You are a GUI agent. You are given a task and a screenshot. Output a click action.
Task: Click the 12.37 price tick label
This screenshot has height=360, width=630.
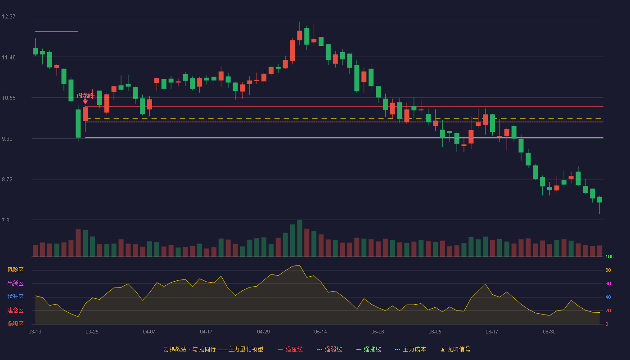point(9,17)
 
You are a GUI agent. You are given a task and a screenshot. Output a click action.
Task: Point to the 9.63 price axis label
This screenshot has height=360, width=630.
point(7,139)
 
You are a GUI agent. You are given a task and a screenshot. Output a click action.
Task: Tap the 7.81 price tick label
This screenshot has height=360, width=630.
point(7,220)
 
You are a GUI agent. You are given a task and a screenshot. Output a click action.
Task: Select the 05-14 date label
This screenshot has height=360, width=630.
point(320,332)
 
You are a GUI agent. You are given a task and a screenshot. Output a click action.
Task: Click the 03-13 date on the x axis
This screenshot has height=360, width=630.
point(35,332)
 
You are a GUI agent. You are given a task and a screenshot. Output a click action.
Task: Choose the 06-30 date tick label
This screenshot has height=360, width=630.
point(549,332)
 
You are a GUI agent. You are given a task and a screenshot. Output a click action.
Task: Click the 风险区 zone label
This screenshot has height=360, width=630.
point(15,270)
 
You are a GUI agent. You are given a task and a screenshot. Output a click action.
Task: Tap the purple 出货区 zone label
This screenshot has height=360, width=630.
point(15,283)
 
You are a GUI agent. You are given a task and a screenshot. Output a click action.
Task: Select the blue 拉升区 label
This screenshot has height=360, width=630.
point(15,297)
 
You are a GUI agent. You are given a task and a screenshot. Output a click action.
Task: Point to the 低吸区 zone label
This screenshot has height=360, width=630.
point(15,324)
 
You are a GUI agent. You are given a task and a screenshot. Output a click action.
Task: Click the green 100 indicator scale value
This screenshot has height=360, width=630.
point(609,256)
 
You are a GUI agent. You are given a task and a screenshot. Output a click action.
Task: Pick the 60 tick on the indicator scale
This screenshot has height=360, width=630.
point(608,283)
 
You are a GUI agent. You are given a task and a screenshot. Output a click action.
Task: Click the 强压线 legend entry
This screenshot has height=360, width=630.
point(290,349)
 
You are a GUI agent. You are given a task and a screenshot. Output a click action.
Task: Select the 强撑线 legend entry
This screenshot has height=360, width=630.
point(369,349)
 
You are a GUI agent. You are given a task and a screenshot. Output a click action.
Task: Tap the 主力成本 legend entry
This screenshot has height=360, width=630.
point(410,349)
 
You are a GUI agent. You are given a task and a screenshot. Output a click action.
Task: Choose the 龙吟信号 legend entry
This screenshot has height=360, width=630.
point(455,349)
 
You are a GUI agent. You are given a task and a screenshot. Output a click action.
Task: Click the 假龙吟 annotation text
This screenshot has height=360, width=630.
point(85,96)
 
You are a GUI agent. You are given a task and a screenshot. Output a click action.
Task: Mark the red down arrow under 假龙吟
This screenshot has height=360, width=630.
point(85,102)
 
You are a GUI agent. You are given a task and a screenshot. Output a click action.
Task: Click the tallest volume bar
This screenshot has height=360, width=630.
point(300,238)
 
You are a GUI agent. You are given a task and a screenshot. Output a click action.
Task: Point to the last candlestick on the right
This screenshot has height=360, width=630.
point(599,200)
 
